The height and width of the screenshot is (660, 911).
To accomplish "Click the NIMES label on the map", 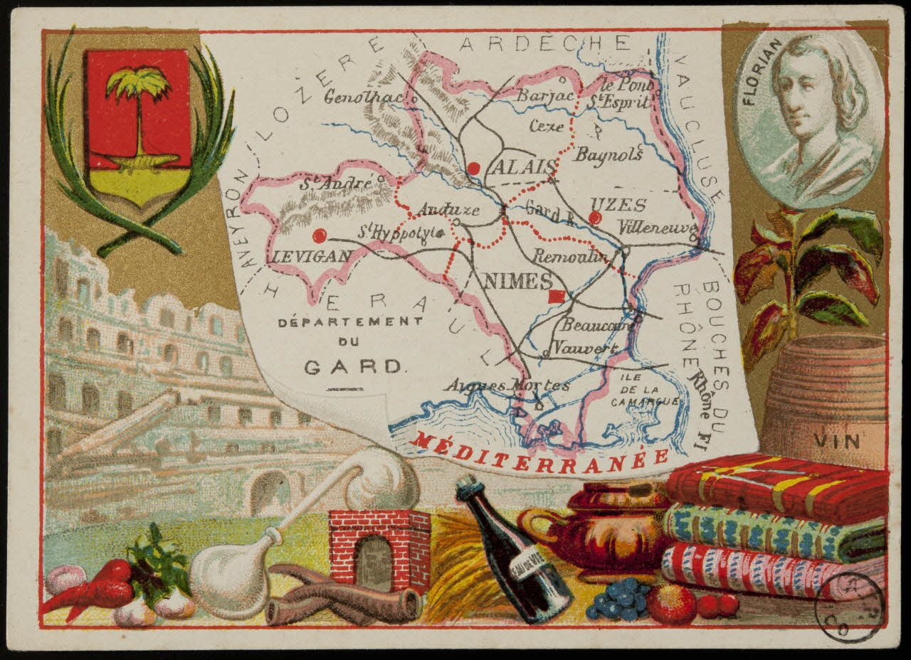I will tap(517, 281).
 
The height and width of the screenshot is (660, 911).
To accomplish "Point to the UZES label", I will tap(618, 206).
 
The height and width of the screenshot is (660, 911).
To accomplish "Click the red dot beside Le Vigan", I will tap(320, 235).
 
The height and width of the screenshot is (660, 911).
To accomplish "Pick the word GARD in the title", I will tap(354, 367).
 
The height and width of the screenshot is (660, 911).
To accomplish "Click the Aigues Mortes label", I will tap(507, 385).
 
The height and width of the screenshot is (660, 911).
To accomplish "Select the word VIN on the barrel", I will tap(837, 442).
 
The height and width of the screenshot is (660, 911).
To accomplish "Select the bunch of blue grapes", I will tap(618, 598).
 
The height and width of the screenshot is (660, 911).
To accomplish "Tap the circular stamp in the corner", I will tap(849, 607).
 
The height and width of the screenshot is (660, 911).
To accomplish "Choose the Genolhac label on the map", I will tap(363, 97).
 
